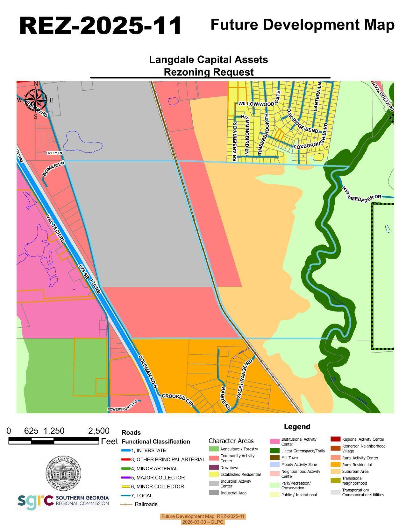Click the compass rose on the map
(36, 100)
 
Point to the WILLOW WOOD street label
(256, 104)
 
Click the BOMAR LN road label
(53, 169)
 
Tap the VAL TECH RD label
(55, 229)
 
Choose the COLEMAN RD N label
(148, 372)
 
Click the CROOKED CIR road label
(177, 400)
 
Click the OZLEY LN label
(54, 153)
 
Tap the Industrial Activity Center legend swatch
(214, 483)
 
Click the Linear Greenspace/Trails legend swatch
(274, 451)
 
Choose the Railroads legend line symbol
(126, 504)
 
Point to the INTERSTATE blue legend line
(126, 451)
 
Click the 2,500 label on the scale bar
(99, 431)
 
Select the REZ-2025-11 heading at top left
(100, 25)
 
